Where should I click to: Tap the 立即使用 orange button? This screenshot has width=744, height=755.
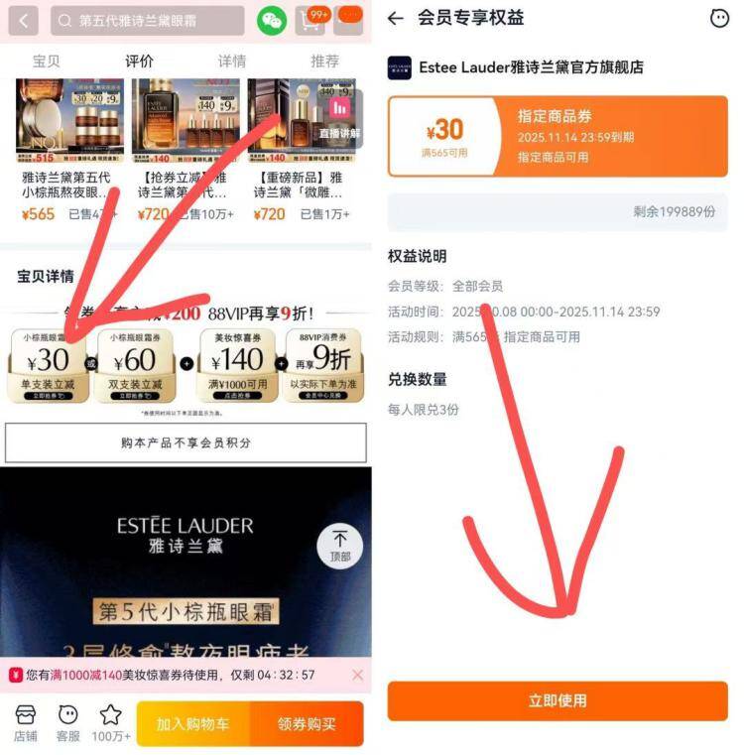coord(557,700)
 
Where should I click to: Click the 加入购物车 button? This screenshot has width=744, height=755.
coord(192,723)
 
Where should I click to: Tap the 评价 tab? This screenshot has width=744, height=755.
coord(139,61)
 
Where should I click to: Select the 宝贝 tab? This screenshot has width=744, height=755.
coord(47,61)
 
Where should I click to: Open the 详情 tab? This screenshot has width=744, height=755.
coord(232,61)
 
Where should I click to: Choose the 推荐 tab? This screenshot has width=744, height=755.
coord(324,61)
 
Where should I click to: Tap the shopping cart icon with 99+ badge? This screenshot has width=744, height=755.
coord(311,20)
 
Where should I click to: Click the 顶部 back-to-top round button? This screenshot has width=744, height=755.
coord(339,545)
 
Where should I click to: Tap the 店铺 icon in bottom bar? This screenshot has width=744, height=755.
coord(25,721)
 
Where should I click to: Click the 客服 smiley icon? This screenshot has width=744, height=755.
coord(67,721)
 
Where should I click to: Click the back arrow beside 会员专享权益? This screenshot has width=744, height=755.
coord(396,18)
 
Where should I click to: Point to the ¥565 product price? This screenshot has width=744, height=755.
coord(38,214)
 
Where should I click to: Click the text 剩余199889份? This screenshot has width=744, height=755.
coord(674,211)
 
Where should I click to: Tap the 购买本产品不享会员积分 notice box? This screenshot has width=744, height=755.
coord(186,442)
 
